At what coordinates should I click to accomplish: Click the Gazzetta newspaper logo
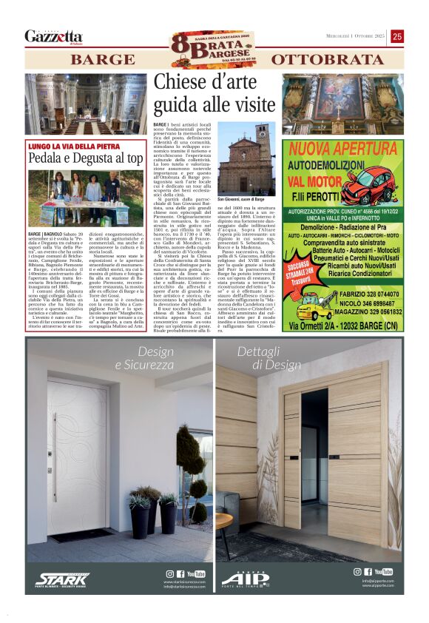(53, 36)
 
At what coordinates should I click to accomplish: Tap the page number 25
(397, 36)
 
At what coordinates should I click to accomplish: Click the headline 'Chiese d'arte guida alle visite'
(214, 93)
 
